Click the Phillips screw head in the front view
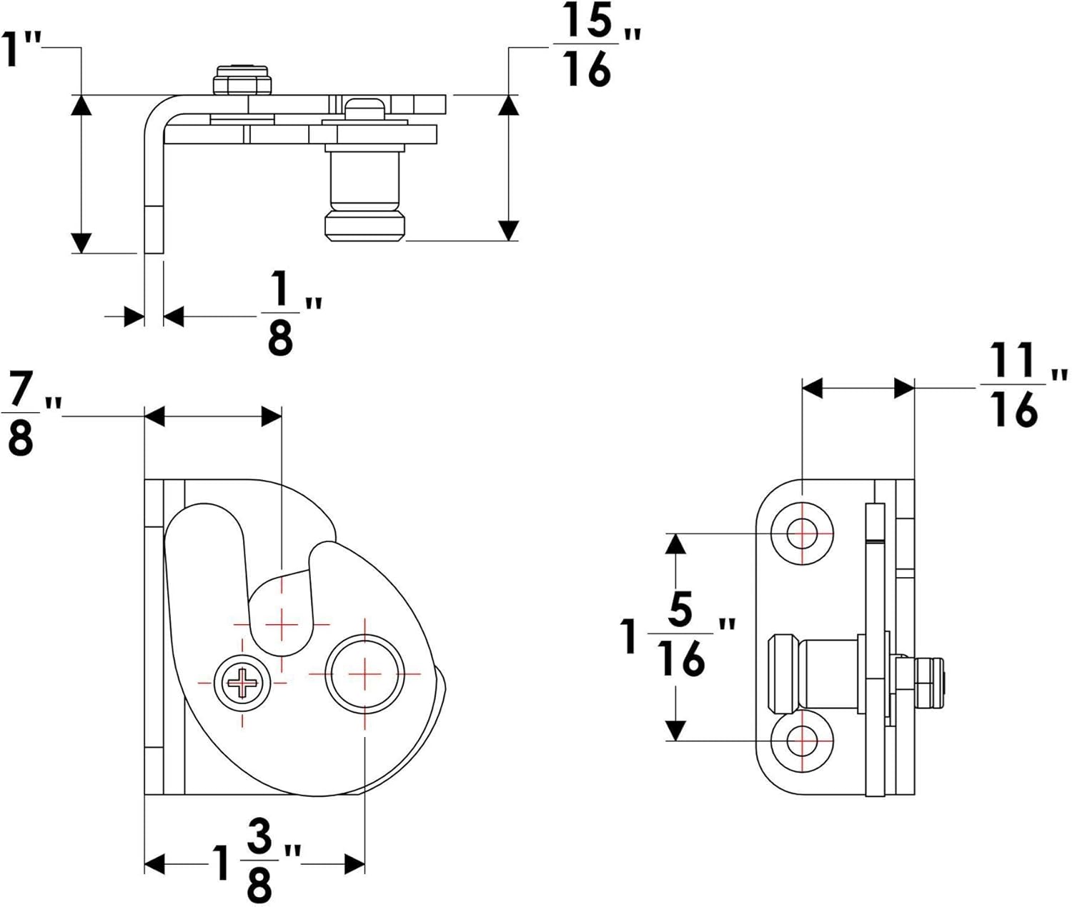point(242,683)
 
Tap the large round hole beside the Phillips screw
point(364,673)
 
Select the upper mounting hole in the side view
point(803,533)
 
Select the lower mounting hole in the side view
point(803,741)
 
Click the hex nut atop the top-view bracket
point(244,80)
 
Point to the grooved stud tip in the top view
point(364,225)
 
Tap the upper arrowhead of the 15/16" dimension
point(508,105)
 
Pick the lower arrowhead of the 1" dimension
point(82,243)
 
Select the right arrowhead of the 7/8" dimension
point(272,416)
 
